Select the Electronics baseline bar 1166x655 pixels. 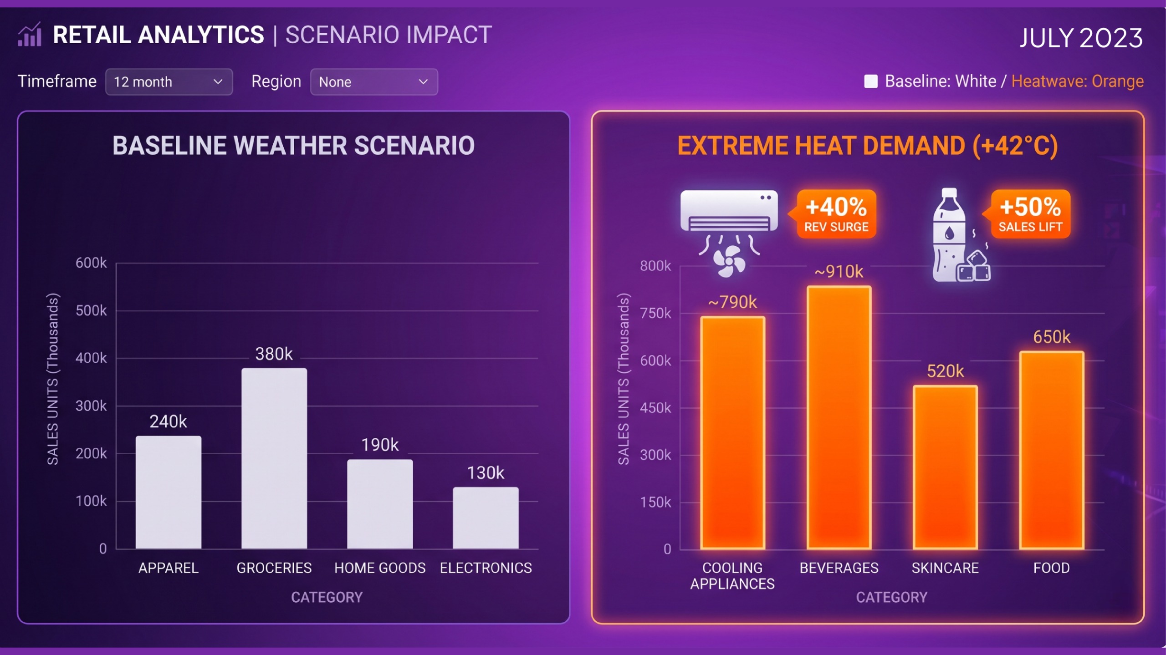[486, 518]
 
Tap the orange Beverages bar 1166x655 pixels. [839, 417]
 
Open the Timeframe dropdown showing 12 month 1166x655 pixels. [169, 82]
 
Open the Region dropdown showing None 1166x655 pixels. [373, 82]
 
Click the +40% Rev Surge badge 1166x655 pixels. [836, 214]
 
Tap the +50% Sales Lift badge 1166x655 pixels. [1030, 214]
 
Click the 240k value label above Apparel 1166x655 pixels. [168, 421]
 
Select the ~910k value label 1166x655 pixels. [839, 272]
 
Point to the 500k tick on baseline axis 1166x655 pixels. [91, 311]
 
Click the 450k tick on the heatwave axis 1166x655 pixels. [655, 408]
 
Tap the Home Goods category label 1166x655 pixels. [380, 568]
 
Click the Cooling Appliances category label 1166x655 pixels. [732, 576]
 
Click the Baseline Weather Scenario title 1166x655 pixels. [293, 146]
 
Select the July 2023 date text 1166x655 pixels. [1081, 38]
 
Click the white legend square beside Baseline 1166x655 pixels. [871, 81]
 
